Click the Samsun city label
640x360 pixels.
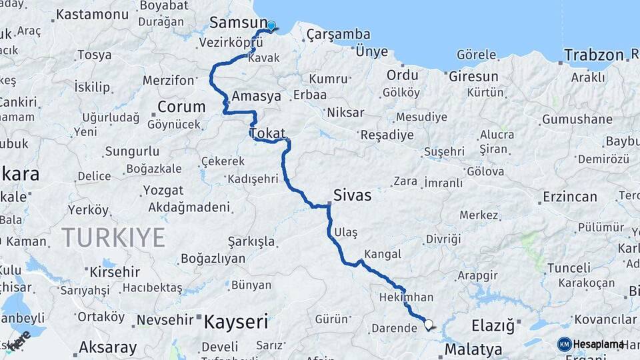click(238, 23)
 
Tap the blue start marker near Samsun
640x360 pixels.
click(271, 26)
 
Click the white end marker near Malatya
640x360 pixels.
click(428, 325)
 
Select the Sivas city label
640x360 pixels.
click(352, 196)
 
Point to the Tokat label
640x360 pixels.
click(267, 133)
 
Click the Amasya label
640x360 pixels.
click(256, 96)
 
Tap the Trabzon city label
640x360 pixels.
click(593, 55)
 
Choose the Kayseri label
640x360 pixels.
click(235, 323)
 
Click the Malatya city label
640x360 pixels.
click(473, 349)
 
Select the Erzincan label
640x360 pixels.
click(569, 197)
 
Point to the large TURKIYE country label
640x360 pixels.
click(113, 237)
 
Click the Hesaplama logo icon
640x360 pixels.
click(565, 344)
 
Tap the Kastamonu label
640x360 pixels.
click(92, 15)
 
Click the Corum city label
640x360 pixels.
click(181, 107)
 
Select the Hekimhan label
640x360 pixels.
click(406, 297)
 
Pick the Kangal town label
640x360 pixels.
click(383, 254)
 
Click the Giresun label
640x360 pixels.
click(473, 77)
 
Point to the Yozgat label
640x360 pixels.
click(163, 191)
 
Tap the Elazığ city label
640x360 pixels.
click(493, 326)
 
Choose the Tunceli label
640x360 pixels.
click(569, 268)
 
